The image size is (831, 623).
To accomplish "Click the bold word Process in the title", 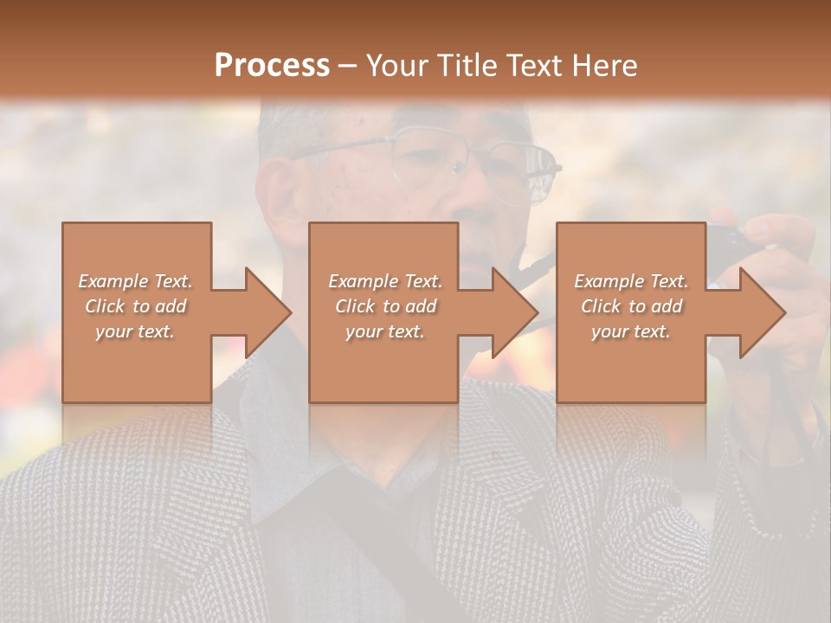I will point(272,66).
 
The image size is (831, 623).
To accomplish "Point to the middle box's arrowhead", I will point(512,312).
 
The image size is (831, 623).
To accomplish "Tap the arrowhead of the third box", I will point(760,312).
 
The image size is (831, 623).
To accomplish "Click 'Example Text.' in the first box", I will point(136,281).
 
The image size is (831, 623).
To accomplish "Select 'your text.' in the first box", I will point(136,331).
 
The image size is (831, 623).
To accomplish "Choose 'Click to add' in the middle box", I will point(385,306).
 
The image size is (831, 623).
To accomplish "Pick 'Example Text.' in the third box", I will point(631,281).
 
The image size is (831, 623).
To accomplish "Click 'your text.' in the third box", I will point(631,331).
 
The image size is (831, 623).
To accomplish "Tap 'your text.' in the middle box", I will point(385,331).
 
